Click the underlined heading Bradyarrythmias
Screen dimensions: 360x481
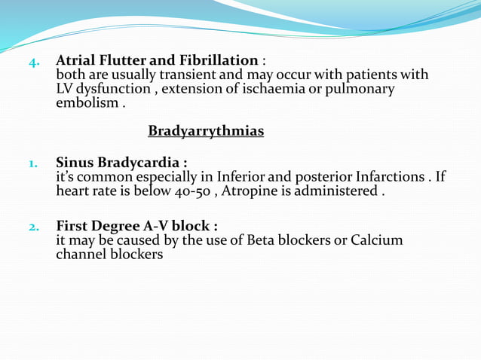click(206, 132)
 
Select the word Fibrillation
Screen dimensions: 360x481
click(215, 60)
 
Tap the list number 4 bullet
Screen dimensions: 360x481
click(33, 62)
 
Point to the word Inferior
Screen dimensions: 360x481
click(243, 177)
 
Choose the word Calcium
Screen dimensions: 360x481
click(376, 240)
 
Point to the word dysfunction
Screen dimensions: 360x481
click(114, 89)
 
